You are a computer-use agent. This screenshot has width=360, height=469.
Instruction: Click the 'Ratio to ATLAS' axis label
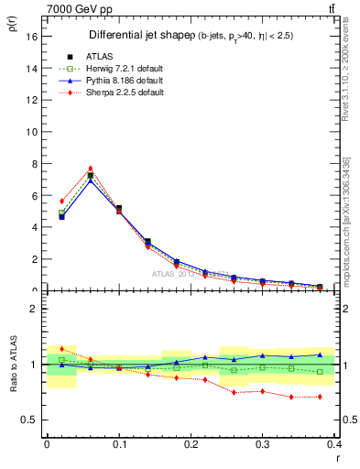click(x=13, y=364)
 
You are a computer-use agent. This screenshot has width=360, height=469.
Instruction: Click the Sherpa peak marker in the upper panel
click(x=90, y=169)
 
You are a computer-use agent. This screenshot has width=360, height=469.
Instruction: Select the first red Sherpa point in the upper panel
click(x=61, y=201)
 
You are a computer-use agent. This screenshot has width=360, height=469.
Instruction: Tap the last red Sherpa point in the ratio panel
click(x=320, y=397)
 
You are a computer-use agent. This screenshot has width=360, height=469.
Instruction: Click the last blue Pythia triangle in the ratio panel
click(x=320, y=354)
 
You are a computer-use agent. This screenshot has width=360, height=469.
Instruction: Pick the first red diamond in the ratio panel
click(x=61, y=348)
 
